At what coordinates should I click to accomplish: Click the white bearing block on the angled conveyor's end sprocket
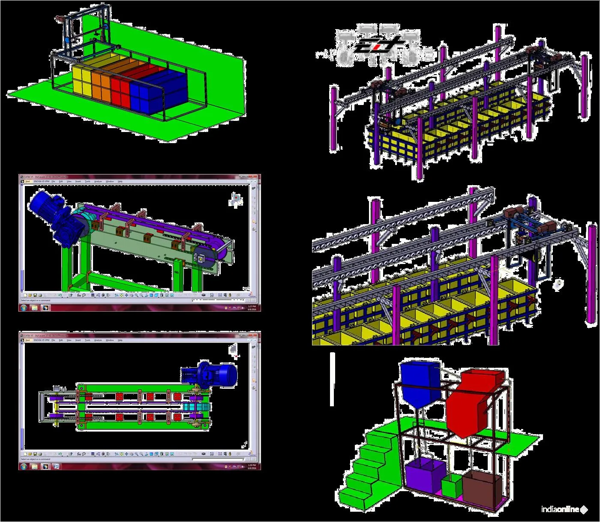[x=200, y=258]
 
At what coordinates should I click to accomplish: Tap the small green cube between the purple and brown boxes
[x=451, y=487]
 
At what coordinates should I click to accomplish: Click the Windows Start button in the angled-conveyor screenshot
[x=24, y=308]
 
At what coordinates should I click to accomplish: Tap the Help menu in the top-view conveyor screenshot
[x=120, y=340]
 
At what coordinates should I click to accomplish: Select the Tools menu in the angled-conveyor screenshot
[x=87, y=182]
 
